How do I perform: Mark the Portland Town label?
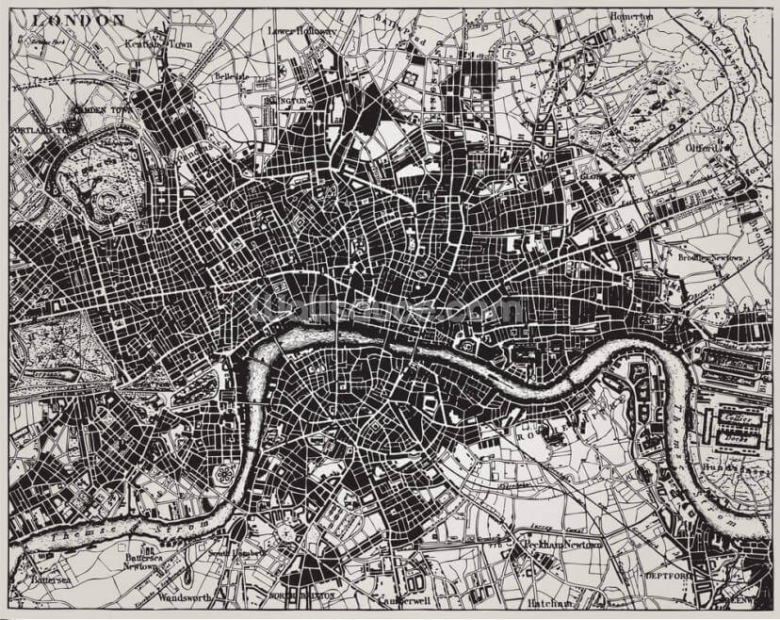pyautogui.click(x=42, y=130)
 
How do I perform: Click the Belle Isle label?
pyautogui.click(x=230, y=76)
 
